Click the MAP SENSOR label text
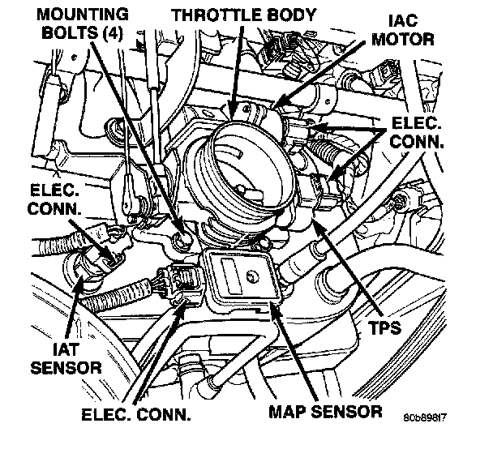coord(326,413)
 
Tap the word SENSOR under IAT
coord(63,367)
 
